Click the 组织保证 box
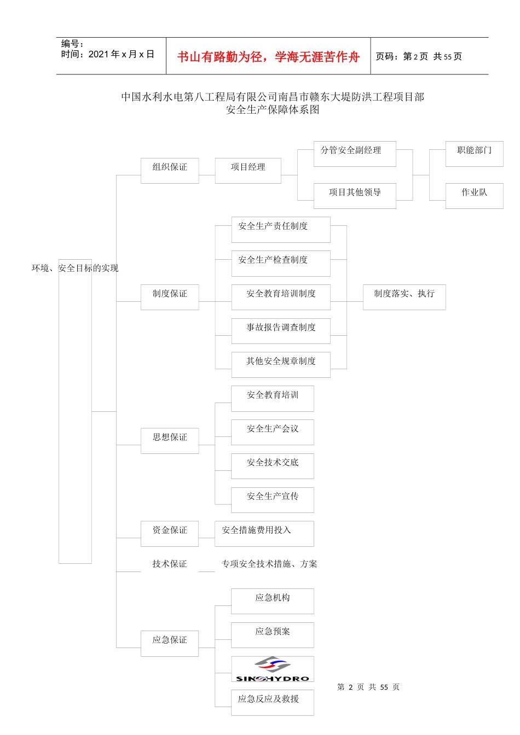tap(170, 171)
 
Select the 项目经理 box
tap(248, 170)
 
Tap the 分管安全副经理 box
tap(354, 154)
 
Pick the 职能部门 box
tap(474, 154)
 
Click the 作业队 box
tap(474, 195)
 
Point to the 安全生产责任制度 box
tap(281, 229)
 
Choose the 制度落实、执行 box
tap(404, 297)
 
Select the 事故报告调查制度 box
tap(281, 330)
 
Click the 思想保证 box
tap(170, 440)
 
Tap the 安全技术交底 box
tap(273, 465)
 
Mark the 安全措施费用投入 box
tap(264, 533)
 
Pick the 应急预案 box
tap(273, 634)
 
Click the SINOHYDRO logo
tap(273, 669)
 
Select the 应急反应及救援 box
tap(273, 702)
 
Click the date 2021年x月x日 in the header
tap(121, 55)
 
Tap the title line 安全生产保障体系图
tap(273, 109)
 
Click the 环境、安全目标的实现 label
tap(75, 268)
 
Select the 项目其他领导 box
tap(354, 195)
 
